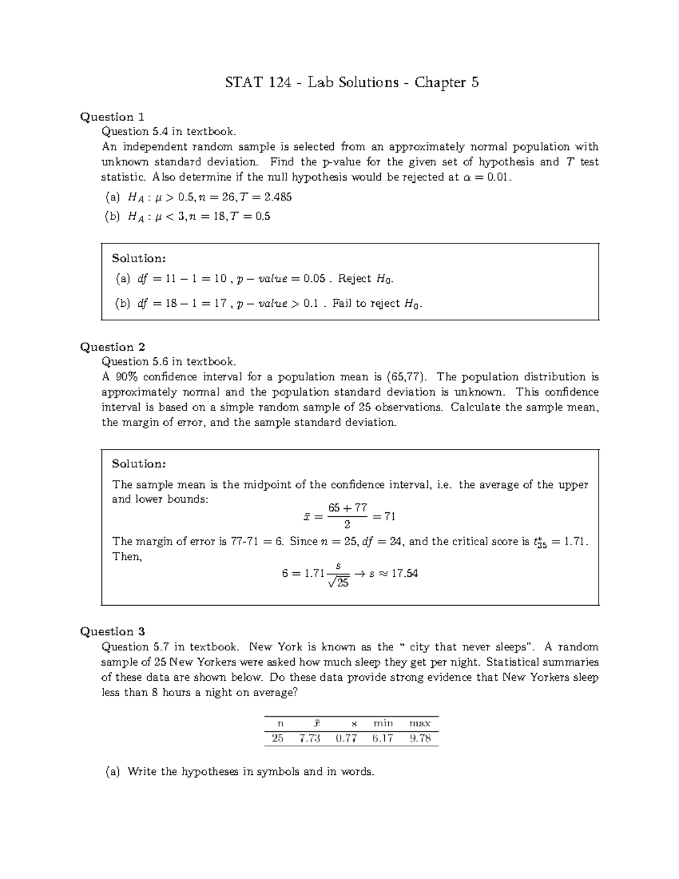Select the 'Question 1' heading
112,117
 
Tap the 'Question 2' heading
113,347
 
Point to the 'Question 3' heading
113,632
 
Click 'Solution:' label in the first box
139,259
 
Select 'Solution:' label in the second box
139,464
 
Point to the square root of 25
338,582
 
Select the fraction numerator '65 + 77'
347,508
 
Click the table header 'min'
383,723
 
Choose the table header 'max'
420,723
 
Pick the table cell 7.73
310,738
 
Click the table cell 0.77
346,738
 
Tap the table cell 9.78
420,738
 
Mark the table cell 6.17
383,738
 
